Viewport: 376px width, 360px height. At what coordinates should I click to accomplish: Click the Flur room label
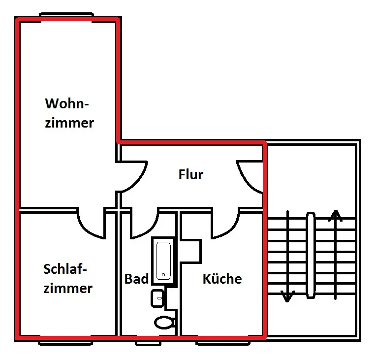point(191,174)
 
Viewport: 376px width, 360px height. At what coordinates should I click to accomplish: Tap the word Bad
point(136,279)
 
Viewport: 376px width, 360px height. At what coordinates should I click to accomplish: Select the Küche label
point(222,278)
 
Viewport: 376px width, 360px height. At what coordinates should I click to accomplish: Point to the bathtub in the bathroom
point(163,261)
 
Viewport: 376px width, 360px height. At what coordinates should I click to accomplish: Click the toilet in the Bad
point(164,322)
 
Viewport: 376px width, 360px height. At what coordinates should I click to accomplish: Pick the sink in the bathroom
point(157,298)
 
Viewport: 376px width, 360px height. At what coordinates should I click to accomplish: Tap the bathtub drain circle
point(163,275)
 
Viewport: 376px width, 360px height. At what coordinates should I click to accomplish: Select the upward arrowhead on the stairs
point(336,215)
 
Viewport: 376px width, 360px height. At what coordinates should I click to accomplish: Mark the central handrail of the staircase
point(311,255)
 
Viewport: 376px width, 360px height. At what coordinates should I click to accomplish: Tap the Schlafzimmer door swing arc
point(88,227)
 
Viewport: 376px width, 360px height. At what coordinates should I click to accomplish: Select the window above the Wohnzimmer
point(66,15)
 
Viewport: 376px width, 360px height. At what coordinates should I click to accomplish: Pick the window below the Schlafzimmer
point(65,343)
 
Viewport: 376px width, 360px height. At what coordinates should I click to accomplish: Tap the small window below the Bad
point(148,343)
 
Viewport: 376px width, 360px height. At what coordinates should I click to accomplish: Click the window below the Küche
point(223,343)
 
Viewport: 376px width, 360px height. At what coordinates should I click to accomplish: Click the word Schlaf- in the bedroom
point(65,269)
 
